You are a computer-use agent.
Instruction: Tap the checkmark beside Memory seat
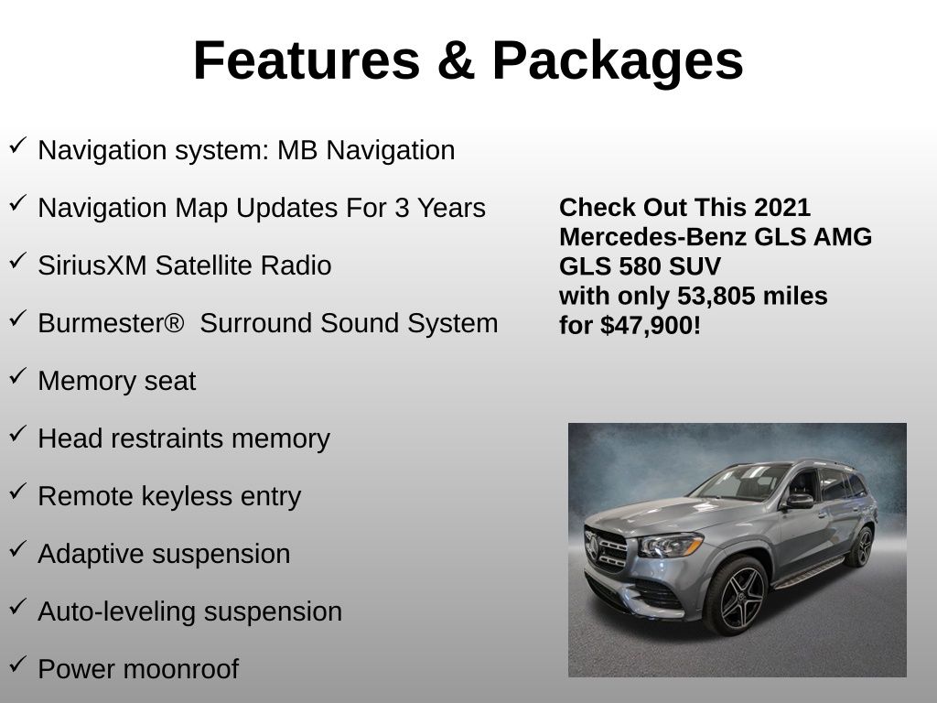(x=17, y=376)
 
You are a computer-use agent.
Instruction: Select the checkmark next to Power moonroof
(x=17, y=665)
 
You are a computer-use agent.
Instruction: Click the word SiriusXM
(x=92, y=265)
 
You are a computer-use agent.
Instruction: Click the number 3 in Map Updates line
(x=403, y=208)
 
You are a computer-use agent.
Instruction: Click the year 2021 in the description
(x=783, y=207)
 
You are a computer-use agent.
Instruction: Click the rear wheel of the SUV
(x=860, y=546)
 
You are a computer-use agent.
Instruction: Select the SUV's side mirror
(x=798, y=501)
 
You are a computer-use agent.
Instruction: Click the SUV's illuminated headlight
(x=671, y=546)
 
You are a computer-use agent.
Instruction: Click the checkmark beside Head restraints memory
(x=17, y=434)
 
